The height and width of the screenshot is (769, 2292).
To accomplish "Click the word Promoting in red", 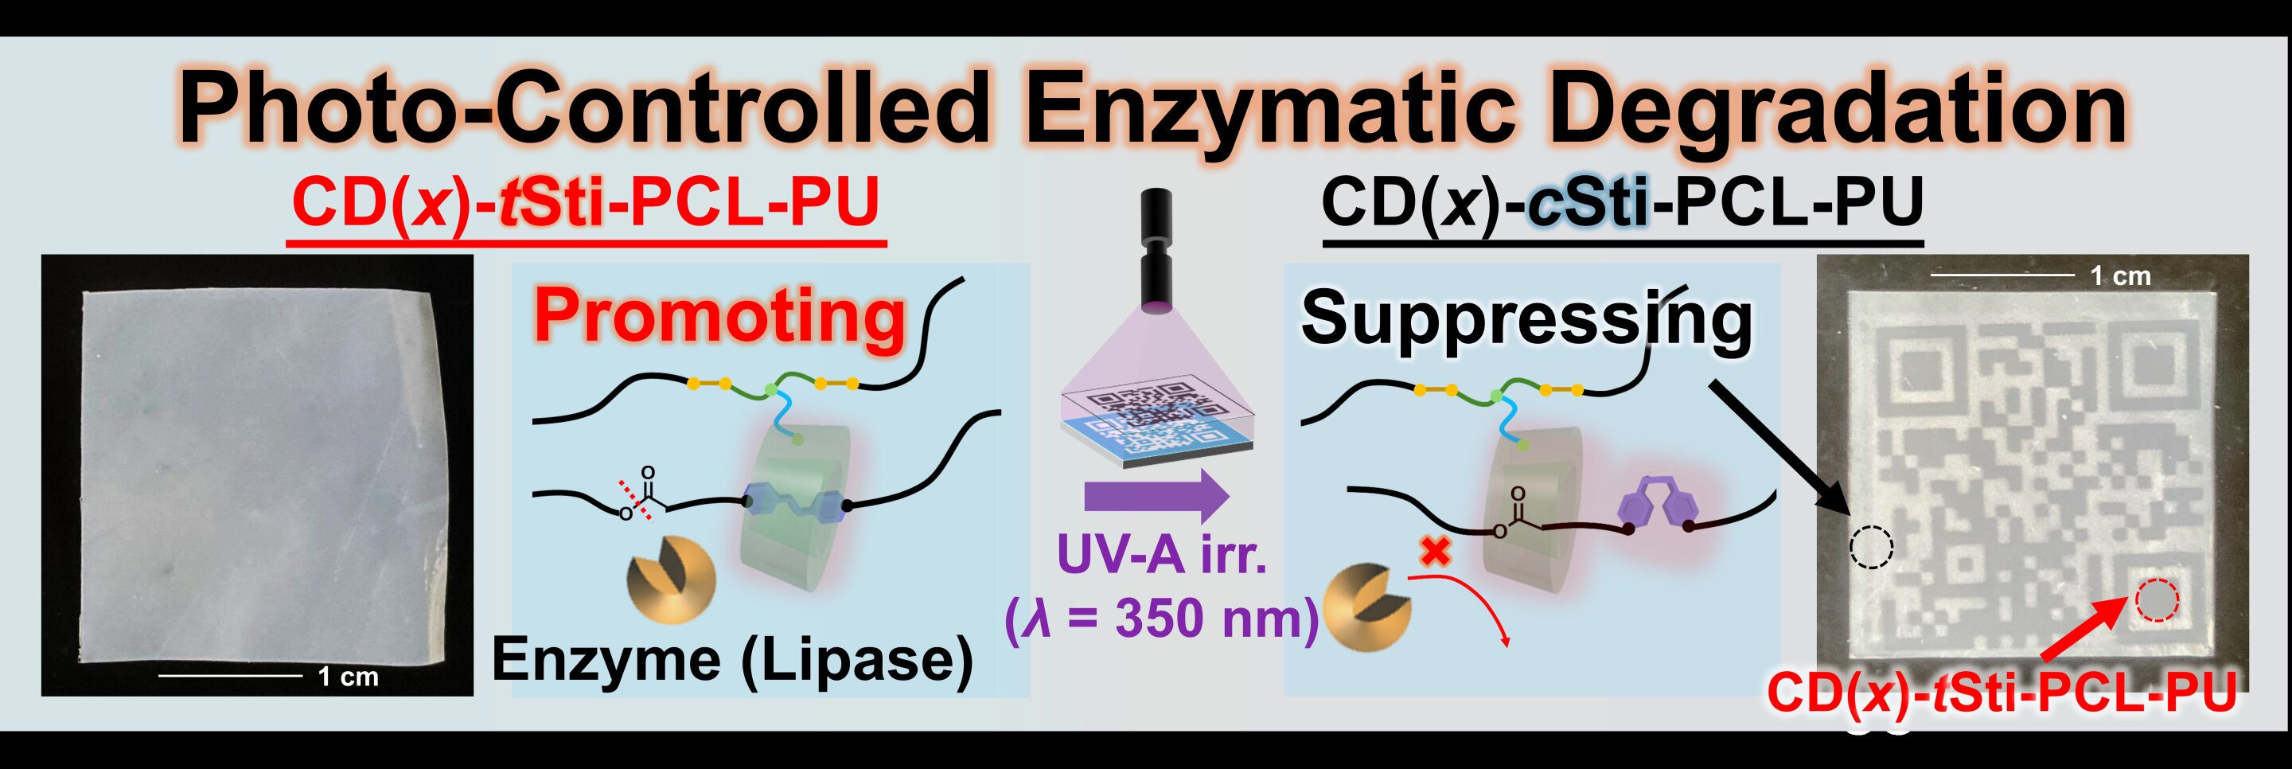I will coord(719,318).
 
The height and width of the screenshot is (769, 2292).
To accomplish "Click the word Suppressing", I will coord(1525,320).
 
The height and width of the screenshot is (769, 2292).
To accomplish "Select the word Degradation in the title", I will coord(1838,111).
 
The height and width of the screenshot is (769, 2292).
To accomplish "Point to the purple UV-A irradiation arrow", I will coord(1156,496).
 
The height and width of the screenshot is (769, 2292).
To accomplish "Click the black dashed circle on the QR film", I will coord(1871,546).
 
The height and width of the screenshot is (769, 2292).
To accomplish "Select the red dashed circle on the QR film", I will coord(2156,600).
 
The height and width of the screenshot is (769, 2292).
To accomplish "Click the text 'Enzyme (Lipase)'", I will coord(731,661).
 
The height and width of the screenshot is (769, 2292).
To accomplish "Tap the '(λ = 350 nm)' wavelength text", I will coord(1161,618).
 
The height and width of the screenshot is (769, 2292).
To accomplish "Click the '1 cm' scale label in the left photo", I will coord(348,677).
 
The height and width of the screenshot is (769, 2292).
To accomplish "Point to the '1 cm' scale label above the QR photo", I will coord(2119,276).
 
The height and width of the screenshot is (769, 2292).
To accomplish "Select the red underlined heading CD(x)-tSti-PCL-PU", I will coord(586,203).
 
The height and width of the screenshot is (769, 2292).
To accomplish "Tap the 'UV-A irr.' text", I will coord(1161,553).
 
